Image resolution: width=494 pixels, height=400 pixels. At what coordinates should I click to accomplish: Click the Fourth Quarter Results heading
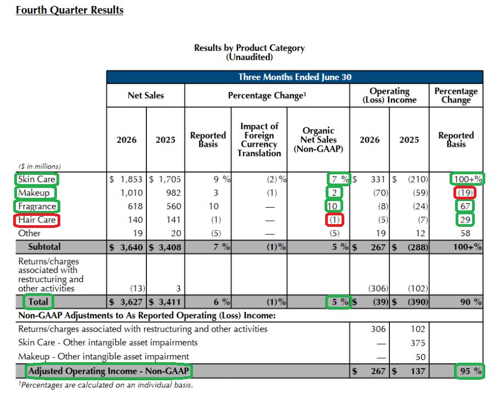point(70,10)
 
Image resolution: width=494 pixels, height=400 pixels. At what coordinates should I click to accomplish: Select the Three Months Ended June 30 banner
point(294,77)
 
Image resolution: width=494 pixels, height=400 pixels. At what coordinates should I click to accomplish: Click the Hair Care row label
point(37,220)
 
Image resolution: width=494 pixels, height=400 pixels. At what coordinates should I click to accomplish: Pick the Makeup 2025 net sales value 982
point(173,193)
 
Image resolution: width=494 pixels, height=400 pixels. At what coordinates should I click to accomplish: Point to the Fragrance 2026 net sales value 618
point(135,206)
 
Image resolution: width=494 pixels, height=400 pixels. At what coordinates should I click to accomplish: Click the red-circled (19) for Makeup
point(465,193)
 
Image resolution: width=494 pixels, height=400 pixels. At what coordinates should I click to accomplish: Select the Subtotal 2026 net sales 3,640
point(132,247)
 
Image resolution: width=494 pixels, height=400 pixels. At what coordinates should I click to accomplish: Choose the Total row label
point(38,302)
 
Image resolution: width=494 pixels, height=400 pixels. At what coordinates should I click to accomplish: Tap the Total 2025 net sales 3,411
point(170,302)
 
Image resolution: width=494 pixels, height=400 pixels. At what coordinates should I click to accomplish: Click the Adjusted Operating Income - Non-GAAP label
point(109,371)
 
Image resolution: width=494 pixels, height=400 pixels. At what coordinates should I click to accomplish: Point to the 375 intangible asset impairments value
point(418,343)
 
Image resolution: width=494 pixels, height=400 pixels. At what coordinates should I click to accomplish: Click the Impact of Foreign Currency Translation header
point(259,140)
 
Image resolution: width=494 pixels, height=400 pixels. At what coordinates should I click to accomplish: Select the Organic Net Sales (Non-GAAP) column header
point(319,140)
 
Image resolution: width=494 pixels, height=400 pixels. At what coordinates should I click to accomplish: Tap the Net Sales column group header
point(145,95)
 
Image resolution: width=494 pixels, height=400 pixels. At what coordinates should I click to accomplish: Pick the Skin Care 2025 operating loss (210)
point(418,179)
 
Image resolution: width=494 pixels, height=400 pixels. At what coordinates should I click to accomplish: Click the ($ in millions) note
point(39,166)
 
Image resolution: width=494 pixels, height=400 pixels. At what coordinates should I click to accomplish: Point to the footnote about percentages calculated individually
point(105,385)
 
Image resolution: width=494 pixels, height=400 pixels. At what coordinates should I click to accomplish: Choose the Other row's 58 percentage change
point(465,233)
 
